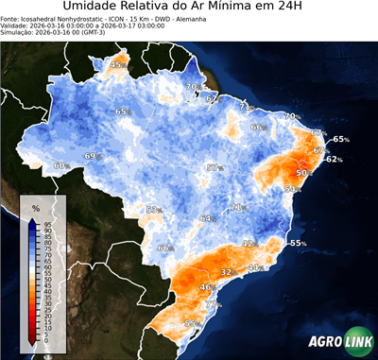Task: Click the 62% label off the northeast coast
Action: point(333,160)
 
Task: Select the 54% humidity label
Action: point(292,190)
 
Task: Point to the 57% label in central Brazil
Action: point(215,167)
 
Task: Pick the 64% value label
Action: point(207,218)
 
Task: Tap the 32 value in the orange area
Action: point(226,272)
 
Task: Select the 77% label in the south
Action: point(214,305)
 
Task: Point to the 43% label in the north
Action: point(118,64)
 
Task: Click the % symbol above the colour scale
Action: point(36,208)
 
